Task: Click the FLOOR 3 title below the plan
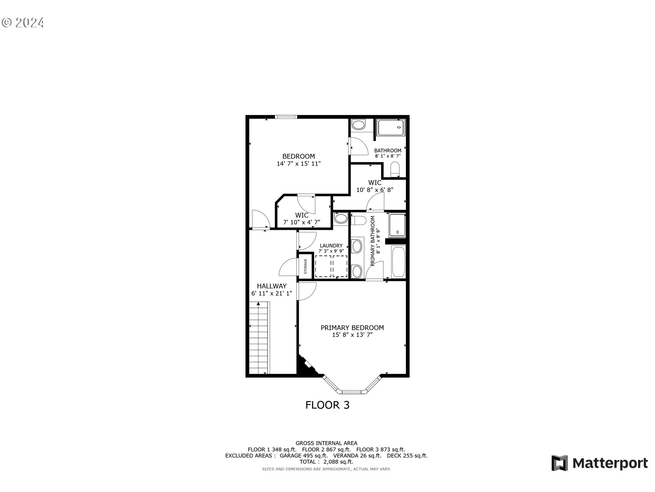[327, 405]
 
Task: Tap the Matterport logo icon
[560, 463]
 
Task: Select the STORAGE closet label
[305, 266]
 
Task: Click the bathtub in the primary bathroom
[398, 262]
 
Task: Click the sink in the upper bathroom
[359, 125]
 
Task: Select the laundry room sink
[340, 218]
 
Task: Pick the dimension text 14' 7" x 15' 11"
[299, 164]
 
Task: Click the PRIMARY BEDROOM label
[352, 328]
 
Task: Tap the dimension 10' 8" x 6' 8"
[375, 190]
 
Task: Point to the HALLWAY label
[272, 286]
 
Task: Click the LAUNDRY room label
[331, 246]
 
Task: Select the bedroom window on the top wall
[286, 117]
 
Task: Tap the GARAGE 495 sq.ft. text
[304, 456]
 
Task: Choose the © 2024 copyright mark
[23, 23]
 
